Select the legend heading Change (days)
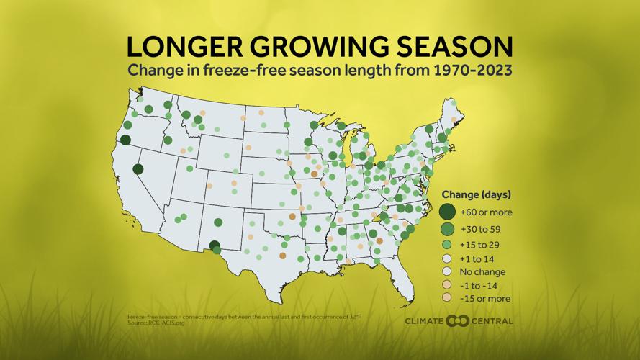point(476,194)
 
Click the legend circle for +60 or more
point(448,212)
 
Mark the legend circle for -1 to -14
point(448,285)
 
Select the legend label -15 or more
point(486,298)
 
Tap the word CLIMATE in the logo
point(424,321)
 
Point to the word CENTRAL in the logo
point(492,321)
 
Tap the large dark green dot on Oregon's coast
point(125,140)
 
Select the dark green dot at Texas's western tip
point(214,246)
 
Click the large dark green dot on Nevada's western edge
point(138,169)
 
